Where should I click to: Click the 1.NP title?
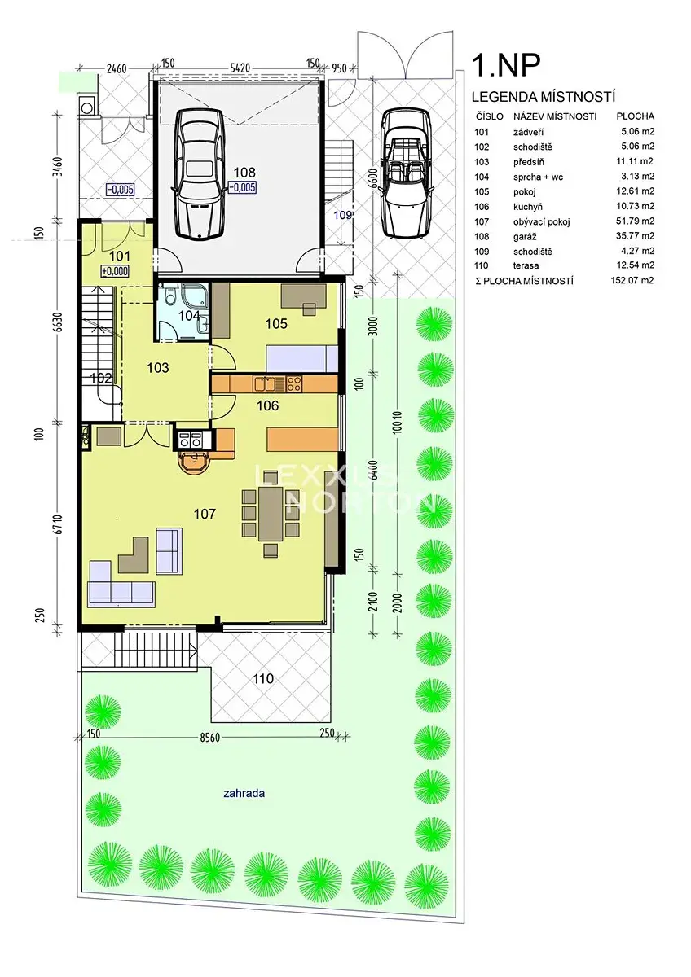tap(506, 65)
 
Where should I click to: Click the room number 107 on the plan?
tap(205, 514)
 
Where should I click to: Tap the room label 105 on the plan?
tap(277, 324)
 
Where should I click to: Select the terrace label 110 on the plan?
tap(263, 678)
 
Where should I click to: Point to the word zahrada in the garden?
tap(244, 793)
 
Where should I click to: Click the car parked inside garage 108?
tap(199, 173)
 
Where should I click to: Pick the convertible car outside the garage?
tap(407, 173)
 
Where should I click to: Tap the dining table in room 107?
tap(271, 514)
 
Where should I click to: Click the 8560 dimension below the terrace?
tap(210, 738)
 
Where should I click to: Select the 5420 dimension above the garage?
tap(240, 68)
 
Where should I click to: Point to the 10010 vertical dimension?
tap(397, 423)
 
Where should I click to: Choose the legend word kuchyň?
tap(528, 207)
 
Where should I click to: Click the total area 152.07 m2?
tap(632, 280)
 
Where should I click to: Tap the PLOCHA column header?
tap(635, 116)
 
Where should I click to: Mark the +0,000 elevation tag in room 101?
tap(115, 271)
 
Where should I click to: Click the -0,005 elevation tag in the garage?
tap(243, 187)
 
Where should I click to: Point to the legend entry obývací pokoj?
tap(542, 221)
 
